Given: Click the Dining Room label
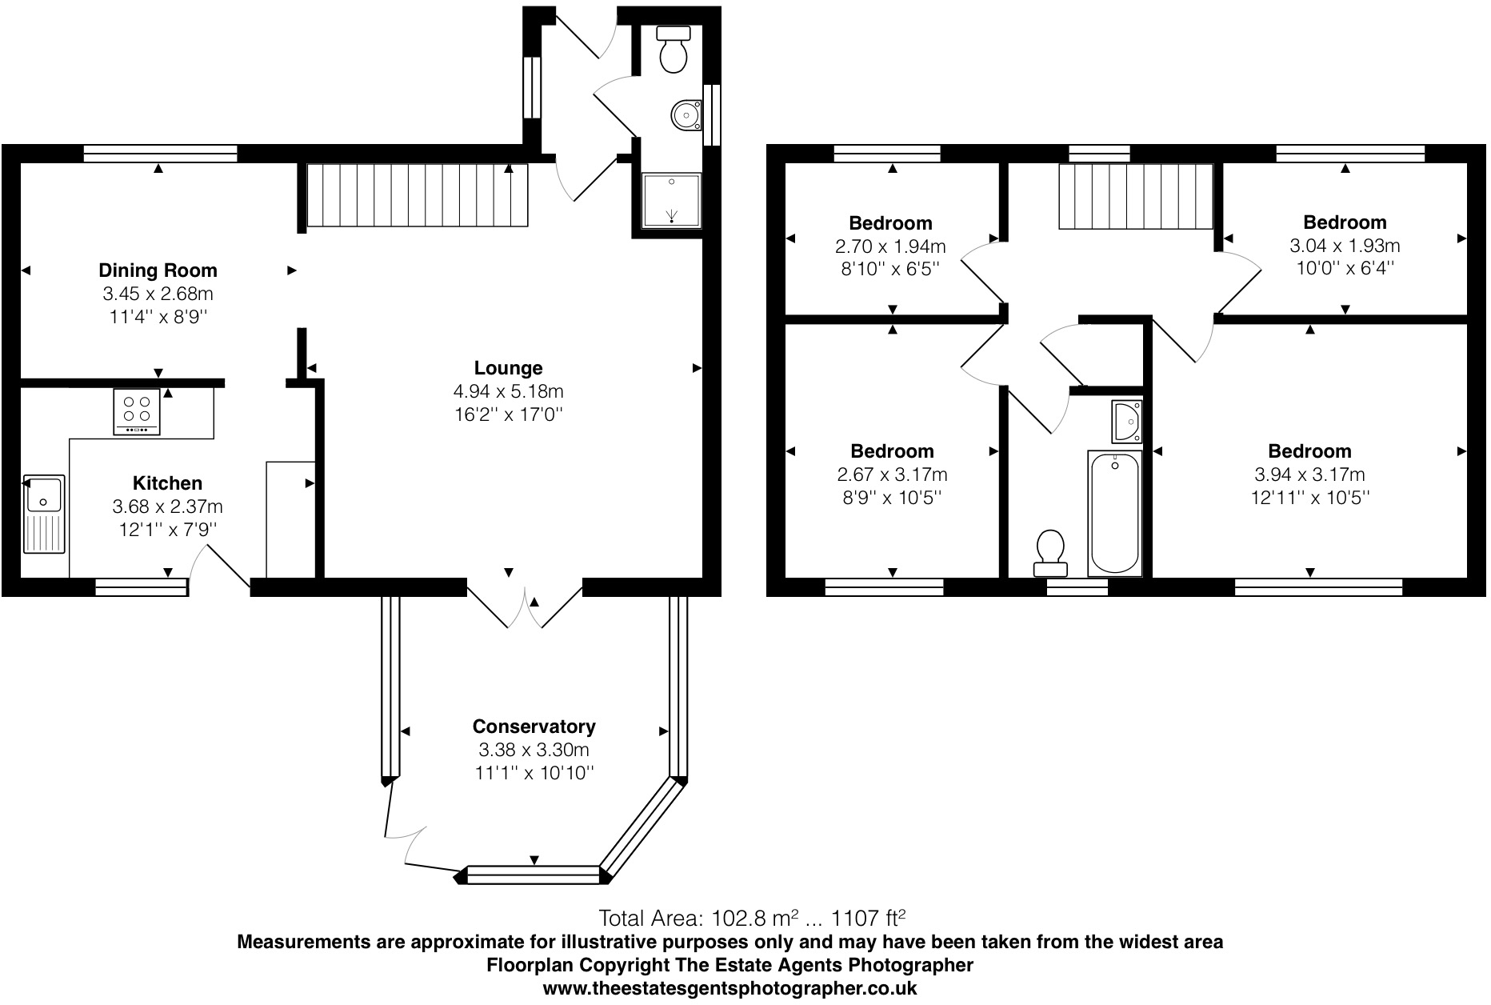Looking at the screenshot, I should (x=158, y=270).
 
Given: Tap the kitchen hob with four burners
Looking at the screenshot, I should (x=137, y=411).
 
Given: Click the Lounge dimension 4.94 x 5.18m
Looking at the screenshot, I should (x=508, y=391).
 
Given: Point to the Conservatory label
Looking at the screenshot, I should (x=534, y=727).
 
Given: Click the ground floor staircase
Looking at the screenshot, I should (x=417, y=195).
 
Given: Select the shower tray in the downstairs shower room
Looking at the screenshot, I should (x=671, y=200).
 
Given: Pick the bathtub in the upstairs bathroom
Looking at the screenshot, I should (x=1114, y=512).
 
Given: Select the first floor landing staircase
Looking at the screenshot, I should (x=1136, y=197).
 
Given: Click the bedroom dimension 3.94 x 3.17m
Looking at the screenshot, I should (x=1309, y=474).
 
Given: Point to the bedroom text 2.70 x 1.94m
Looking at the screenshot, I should (x=890, y=246).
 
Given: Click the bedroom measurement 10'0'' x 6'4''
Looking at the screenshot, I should (x=1345, y=268).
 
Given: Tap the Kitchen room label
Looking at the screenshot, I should (x=167, y=483).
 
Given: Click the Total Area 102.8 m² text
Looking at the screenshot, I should (x=752, y=917).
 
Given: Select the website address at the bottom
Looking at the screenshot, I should (x=730, y=988).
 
